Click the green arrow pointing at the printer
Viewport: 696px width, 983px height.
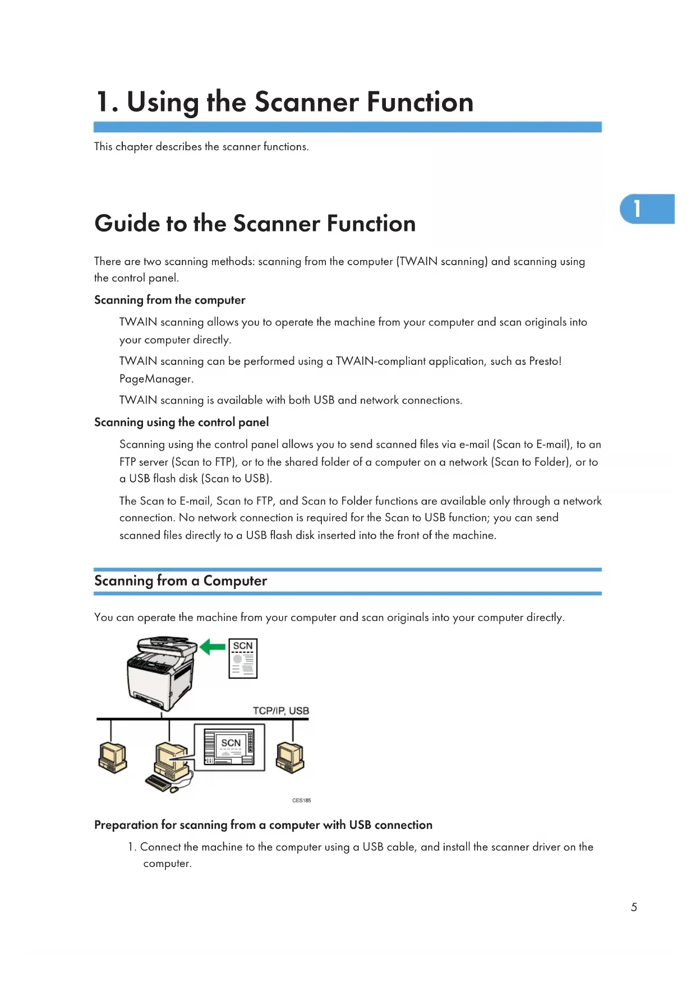coord(213,647)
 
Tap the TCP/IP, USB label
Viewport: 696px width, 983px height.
coord(280,711)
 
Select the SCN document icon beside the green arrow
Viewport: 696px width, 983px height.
coord(243,659)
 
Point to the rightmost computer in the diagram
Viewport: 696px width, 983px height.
coord(290,757)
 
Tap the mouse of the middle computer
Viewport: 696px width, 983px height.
coord(174,789)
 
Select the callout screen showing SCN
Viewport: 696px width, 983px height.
coord(229,747)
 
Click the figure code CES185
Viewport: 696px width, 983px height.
coord(301,800)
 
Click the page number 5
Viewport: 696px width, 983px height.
coord(634,907)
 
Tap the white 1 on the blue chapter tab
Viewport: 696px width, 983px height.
coord(637,208)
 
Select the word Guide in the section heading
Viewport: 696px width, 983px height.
coord(127,224)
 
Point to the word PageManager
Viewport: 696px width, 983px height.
coord(156,379)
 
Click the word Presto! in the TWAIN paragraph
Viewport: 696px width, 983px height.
coord(545,361)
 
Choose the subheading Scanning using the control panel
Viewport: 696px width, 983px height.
coord(181,422)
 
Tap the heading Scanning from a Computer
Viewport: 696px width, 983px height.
coord(181,581)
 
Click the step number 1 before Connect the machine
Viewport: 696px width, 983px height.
coord(131,847)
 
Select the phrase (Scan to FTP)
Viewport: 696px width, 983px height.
coord(204,462)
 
